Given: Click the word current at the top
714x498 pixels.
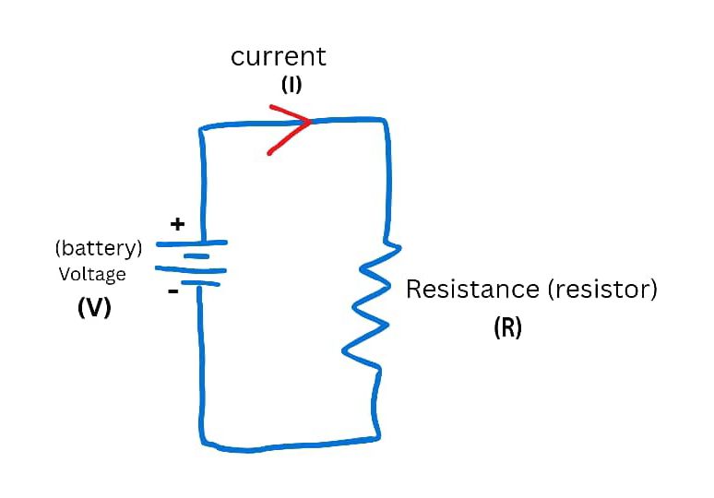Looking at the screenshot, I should (x=278, y=56).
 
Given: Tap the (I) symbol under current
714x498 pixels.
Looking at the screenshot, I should (x=291, y=86).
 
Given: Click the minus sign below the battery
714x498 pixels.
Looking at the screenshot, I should (x=173, y=290).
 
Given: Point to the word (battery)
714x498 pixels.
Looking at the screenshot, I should (x=99, y=248).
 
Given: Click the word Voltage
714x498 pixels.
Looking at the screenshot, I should (x=92, y=274).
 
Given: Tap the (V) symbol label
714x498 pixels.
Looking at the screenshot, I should (x=94, y=309).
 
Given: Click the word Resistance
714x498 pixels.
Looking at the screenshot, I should (x=471, y=290).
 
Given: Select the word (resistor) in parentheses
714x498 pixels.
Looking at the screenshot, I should (x=602, y=290).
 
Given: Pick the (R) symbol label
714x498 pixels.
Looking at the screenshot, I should (x=507, y=328).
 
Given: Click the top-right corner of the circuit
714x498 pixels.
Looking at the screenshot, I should (x=383, y=121).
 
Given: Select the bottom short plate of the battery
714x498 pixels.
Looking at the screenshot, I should (x=198, y=284).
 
